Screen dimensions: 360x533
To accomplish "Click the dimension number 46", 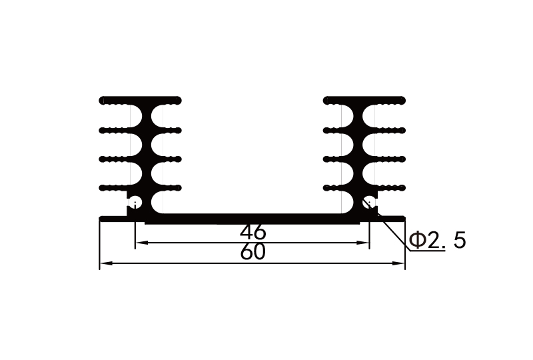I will [x=253, y=233].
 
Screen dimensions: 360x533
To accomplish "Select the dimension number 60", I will [x=253, y=253].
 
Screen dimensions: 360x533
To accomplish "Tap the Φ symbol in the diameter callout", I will [x=417, y=240].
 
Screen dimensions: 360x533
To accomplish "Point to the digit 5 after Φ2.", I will [x=459, y=240].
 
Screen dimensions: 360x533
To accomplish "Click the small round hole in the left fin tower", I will [x=135, y=201].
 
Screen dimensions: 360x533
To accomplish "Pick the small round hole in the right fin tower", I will [x=368, y=201].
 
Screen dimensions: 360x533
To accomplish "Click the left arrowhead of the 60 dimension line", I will [x=103, y=264].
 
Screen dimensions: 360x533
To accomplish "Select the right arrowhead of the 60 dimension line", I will [x=402, y=264].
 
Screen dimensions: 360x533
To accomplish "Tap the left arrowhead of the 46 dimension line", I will [x=139, y=243].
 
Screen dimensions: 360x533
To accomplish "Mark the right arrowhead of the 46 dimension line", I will [x=365, y=243].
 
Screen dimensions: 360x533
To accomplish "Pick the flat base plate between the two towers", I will [x=253, y=218].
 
